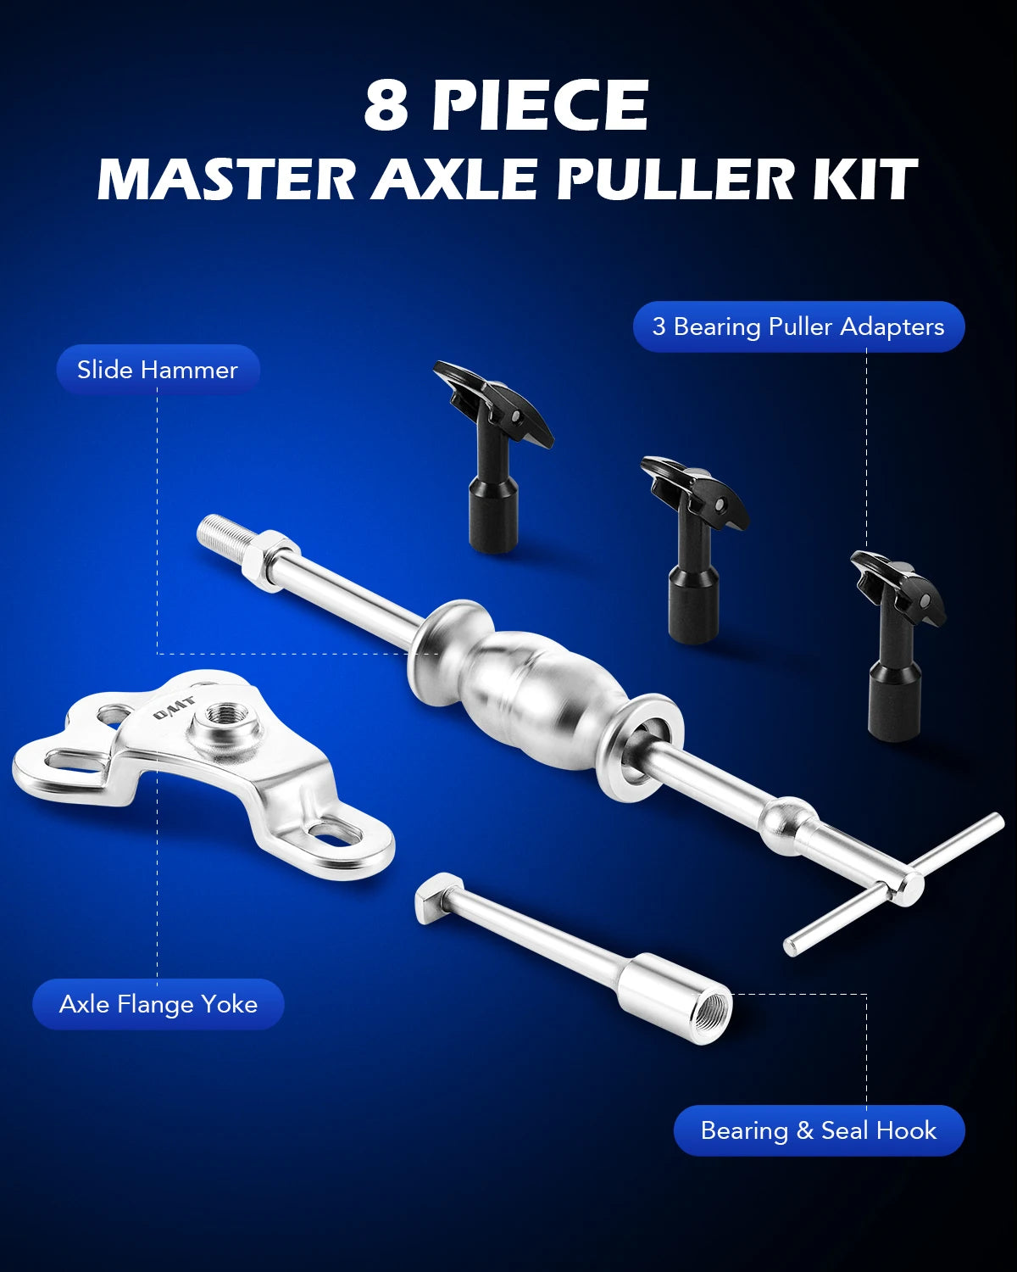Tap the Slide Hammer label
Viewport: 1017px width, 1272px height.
[x=158, y=370]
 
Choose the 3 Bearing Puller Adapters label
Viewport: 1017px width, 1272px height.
[x=798, y=326]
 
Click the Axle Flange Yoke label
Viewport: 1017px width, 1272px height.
[x=158, y=1004]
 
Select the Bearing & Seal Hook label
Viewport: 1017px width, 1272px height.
[x=819, y=1130]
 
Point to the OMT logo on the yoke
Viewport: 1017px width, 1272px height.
[x=174, y=709]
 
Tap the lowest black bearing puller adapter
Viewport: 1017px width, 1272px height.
[x=896, y=644]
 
